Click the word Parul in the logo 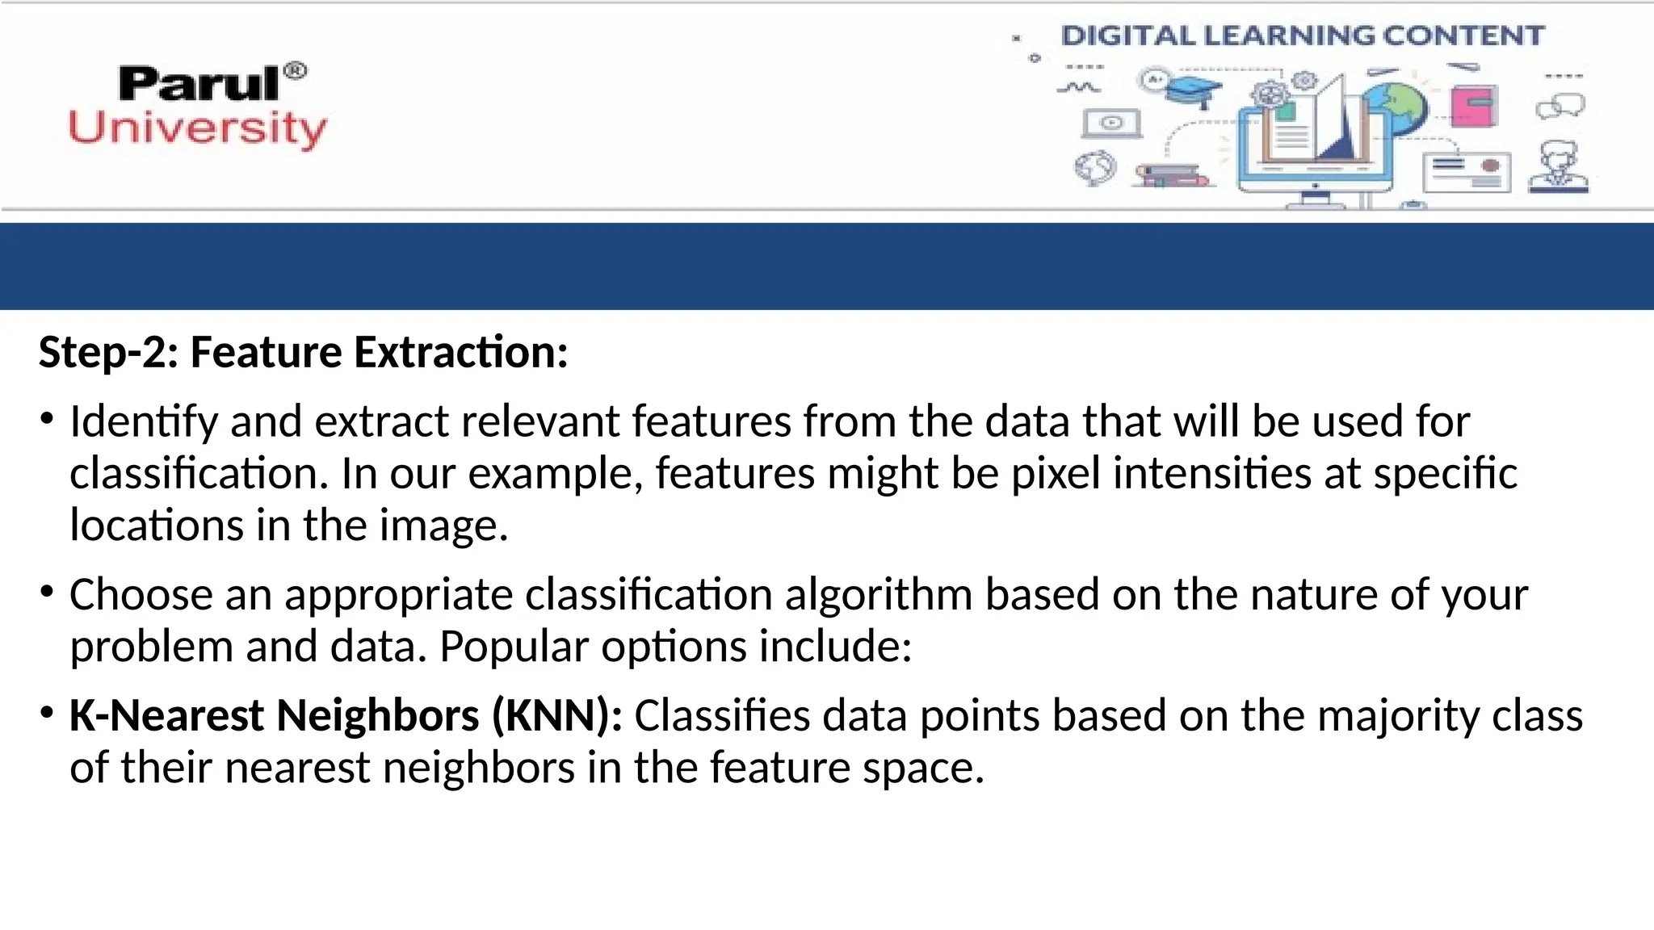tap(199, 84)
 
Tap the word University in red tap(198, 129)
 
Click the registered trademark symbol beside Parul tap(296, 71)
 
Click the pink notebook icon tap(1474, 106)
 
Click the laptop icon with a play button tap(1111, 124)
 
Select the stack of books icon tap(1170, 176)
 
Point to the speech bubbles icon tap(1560, 106)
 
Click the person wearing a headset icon tap(1559, 167)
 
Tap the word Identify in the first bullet tap(144, 422)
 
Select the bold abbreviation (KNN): tap(557, 716)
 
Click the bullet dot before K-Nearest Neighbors tap(47, 714)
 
